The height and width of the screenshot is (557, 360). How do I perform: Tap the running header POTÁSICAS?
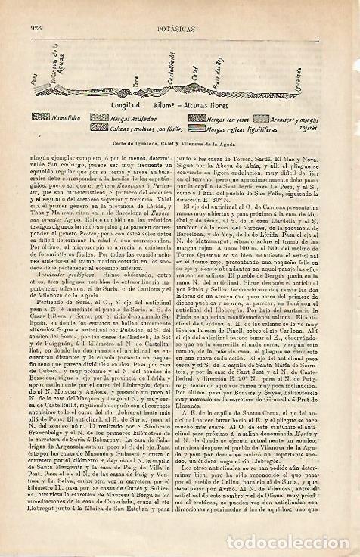(184, 9)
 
